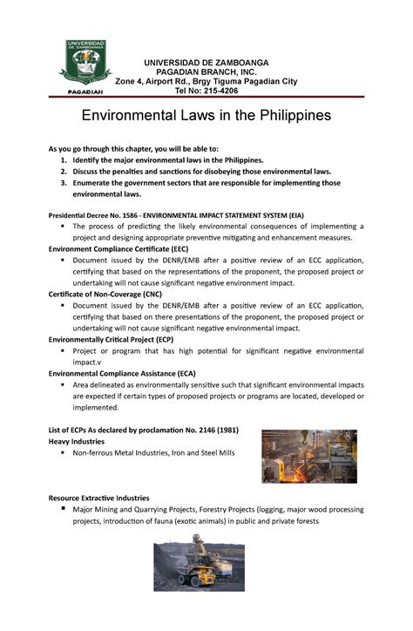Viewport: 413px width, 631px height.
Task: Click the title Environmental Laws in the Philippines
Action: pyautogui.click(x=206, y=116)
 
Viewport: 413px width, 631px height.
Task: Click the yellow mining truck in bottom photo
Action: pyautogui.click(x=195, y=576)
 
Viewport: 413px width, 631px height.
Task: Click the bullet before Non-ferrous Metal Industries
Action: pyautogui.click(x=63, y=452)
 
